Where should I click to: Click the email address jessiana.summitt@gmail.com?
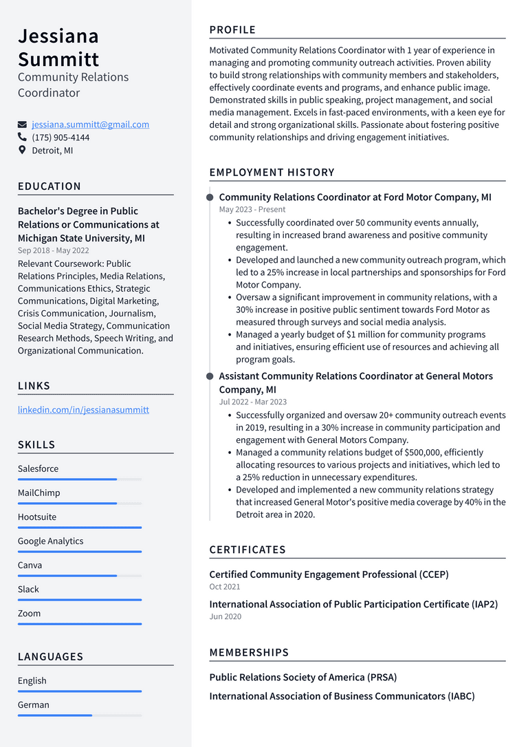click(x=90, y=124)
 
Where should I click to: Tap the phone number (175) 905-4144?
click(x=60, y=138)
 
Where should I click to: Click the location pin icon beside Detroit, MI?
click(x=22, y=150)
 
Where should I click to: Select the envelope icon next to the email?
click(x=22, y=124)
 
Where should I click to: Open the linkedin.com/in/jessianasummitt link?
click(x=83, y=409)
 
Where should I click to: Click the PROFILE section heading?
click(x=232, y=30)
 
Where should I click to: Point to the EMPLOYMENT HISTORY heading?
click(x=272, y=172)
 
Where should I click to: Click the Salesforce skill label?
click(x=38, y=468)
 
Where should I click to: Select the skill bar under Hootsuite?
click(x=80, y=528)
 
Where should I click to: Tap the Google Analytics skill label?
click(x=50, y=541)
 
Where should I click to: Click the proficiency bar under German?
click(x=80, y=715)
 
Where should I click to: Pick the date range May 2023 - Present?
click(x=252, y=209)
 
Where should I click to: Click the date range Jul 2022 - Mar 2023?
click(x=253, y=402)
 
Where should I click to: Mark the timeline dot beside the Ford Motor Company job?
click(x=210, y=197)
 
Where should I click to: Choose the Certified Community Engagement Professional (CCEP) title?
click(x=329, y=574)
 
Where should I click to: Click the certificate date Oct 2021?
click(x=225, y=587)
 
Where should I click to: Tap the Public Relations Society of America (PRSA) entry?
click(x=303, y=677)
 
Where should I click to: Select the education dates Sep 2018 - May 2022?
click(x=54, y=250)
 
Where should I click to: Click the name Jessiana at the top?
click(x=58, y=36)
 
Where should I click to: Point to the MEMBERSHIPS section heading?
click(x=249, y=652)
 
